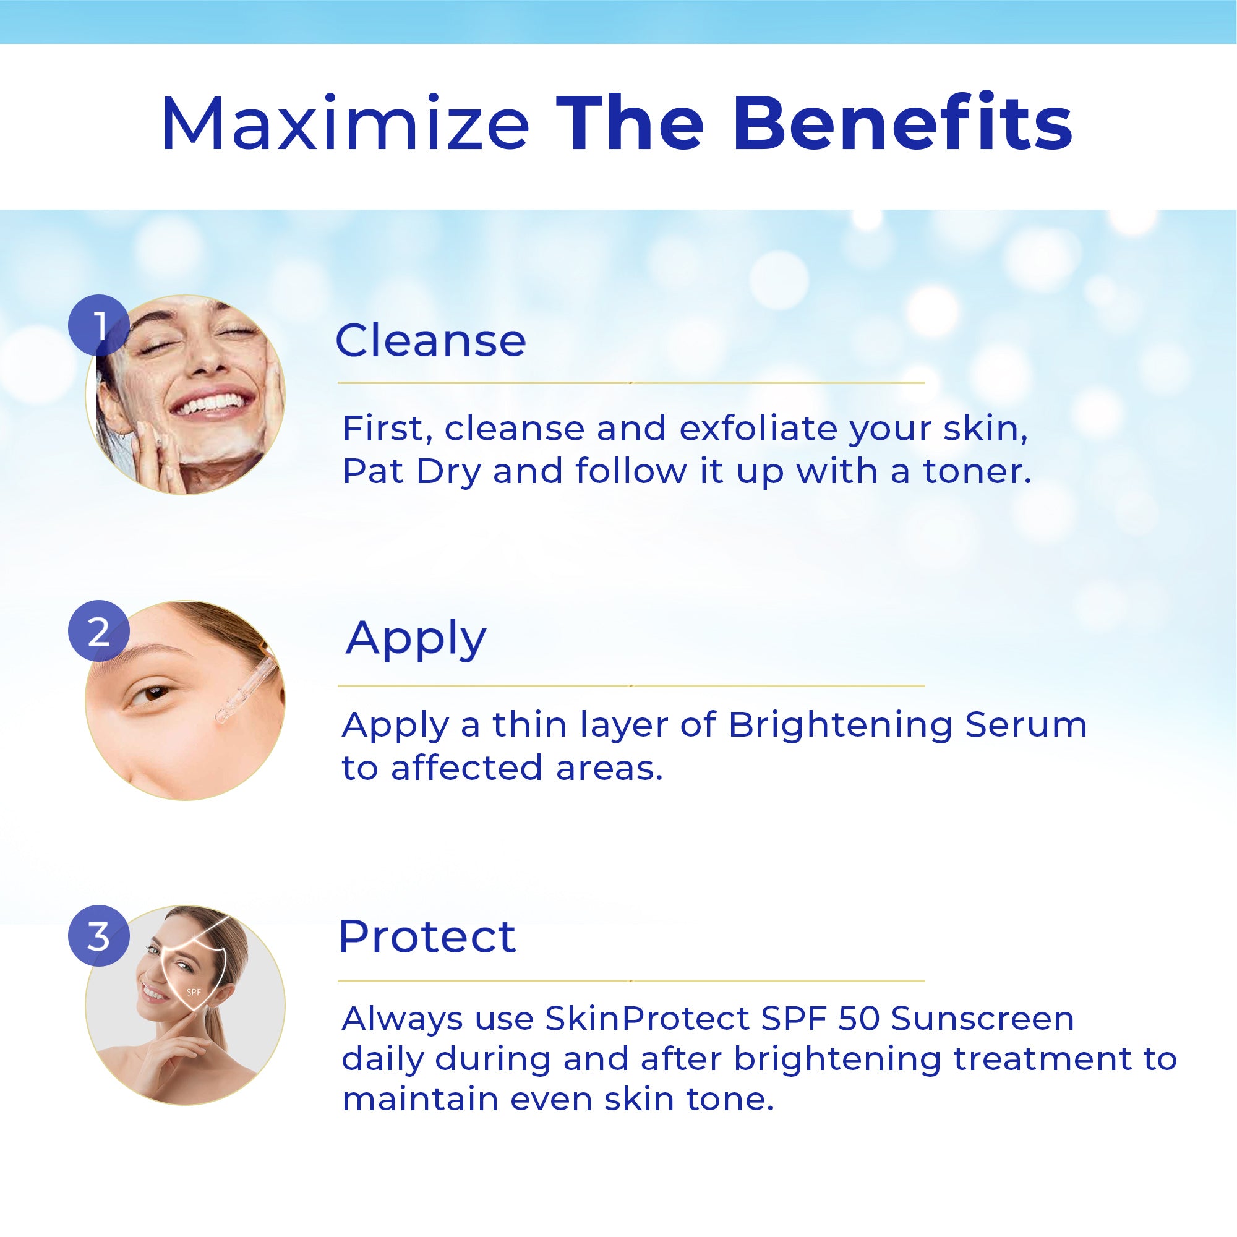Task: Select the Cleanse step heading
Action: pos(430,340)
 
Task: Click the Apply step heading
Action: pos(416,639)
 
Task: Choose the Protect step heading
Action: pos(427,936)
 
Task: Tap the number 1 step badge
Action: pos(99,325)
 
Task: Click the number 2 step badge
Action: pos(99,631)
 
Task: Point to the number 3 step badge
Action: pos(99,935)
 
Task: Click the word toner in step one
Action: pos(977,471)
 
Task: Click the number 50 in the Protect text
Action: pos(859,1019)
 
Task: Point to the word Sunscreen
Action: pos(982,1019)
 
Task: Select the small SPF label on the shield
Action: pos(194,993)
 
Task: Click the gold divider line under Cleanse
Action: pos(631,383)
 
